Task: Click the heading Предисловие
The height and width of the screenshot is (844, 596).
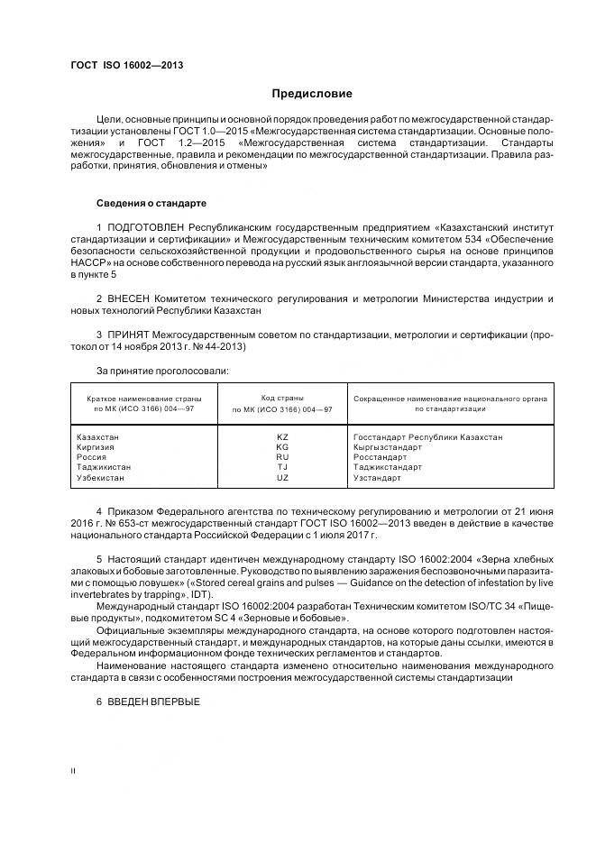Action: tap(313, 94)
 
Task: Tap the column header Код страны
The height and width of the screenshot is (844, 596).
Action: tap(282, 397)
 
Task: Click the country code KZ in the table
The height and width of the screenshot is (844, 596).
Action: tap(282, 437)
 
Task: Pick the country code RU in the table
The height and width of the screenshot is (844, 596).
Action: tap(282, 457)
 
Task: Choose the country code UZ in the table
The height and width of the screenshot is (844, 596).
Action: tap(282, 477)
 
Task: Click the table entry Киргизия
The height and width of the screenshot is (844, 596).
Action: tap(98, 447)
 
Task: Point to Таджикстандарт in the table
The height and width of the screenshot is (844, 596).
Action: tap(387, 467)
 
